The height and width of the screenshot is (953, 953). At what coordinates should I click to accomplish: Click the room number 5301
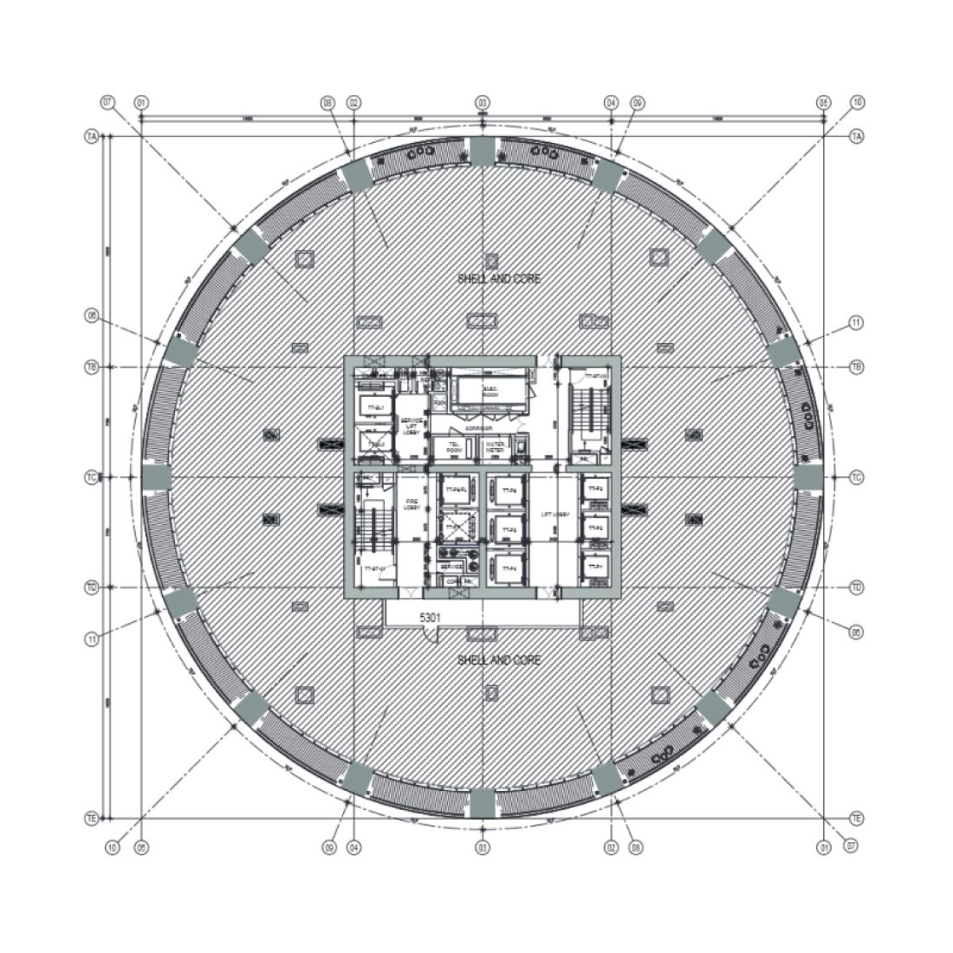[x=431, y=618]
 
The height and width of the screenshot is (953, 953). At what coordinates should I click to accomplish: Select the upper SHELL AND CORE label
[x=499, y=279]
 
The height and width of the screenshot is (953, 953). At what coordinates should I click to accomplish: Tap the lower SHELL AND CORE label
[x=499, y=660]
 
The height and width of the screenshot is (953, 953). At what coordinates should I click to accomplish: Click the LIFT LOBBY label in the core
[x=555, y=515]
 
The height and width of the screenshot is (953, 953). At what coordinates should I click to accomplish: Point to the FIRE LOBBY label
[x=412, y=503]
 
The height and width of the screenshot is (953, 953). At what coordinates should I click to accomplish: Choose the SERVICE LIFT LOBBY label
[x=411, y=425]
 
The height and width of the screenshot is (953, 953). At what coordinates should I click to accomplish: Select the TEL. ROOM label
[x=453, y=447]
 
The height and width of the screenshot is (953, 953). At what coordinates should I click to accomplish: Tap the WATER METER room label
[x=495, y=447]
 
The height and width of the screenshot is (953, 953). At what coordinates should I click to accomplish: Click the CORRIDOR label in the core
[x=477, y=428]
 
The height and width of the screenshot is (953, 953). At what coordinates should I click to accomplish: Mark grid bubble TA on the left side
[x=90, y=137]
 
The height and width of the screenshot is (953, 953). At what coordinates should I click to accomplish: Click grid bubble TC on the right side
[x=857, y=477]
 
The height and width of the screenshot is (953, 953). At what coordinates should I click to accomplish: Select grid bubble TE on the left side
[x=90, y=818]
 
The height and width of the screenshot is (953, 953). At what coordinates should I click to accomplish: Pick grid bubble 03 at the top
[x=483, y=102]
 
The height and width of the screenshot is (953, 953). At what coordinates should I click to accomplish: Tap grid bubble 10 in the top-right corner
[x=857, y=102]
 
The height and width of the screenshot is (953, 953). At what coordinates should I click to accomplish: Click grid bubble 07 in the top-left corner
[x=108, y=102]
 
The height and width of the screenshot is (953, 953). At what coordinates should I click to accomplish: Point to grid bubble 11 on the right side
[x=856, y=323]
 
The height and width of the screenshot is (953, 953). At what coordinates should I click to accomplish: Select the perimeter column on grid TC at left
[x=155, y=477]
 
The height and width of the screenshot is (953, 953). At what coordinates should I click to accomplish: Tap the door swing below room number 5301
[x=429, y=635]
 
